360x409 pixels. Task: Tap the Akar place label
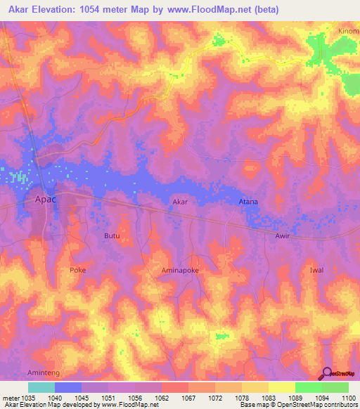pyautogui.click(x=181, y=202)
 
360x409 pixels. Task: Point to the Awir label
pyautogui.click(x=282, y=236)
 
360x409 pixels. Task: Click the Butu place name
pyautogui.click(x=112, y=236)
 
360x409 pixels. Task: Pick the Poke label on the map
pyautogui.click(x=77, y=270)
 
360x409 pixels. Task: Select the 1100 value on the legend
pyautogui.click(x=348, y=398)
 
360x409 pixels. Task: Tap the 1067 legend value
pyautogui.click(x=188, y=398)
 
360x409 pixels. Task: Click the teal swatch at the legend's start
pyautogui.click(x=41, y=387)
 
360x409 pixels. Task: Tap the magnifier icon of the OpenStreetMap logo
pyautogui.click(x=324, y=374)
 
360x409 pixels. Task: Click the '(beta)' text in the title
pyautogui.click(x=267, y=10)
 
